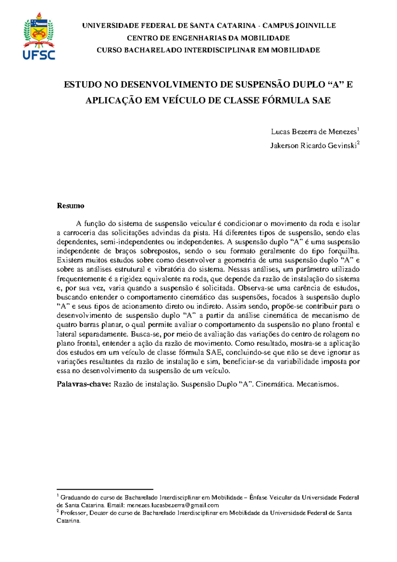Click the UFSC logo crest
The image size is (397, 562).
coord(39,29)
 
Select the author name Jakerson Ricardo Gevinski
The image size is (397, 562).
coord(313,146)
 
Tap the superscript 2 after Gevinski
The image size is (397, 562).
coord(358,143)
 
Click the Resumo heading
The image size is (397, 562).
coord(70,206)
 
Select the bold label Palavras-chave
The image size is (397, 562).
coord(84,384)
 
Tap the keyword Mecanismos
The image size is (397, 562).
coord(318,384)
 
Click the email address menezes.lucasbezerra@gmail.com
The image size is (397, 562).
coord(173,505)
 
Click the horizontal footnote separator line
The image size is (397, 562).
coord(105,489)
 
